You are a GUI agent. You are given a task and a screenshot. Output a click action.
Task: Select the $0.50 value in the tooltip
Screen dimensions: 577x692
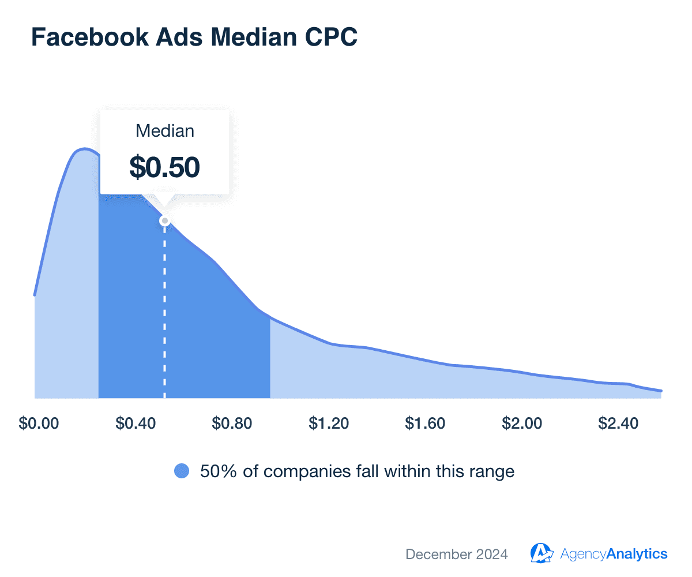pyautogui.click(x=164, y=167)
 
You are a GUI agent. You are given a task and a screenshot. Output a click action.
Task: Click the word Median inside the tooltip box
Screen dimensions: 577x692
pyautogui.click(x=164, y=131)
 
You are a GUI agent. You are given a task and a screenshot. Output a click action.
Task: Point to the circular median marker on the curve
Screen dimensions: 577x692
pyautogui.click(x=164, y=221)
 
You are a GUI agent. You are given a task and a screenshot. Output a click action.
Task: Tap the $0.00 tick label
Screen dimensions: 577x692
pyautogui.click(x=39, y=424)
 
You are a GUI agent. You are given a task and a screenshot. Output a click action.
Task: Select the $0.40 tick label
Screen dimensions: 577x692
pyautogui.click(x=136, y=424)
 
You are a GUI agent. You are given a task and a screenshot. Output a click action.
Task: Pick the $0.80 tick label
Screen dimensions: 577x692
pyautogui.click(x=232, y=424)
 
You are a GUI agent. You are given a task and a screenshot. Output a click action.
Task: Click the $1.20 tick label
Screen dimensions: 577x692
pyautogui.click(x=328, y=424)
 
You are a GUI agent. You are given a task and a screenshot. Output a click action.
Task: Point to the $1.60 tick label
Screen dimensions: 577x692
pyautogui.click(x=425, y=424)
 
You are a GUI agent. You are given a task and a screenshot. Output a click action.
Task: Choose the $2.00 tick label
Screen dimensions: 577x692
pyautogui.click(x=521, y=424)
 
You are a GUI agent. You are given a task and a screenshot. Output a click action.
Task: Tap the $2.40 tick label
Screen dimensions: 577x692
pyautogui.click(x=618, y=424)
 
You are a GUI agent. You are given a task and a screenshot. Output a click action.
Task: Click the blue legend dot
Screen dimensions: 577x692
pyautogui.click(x=182, y=471)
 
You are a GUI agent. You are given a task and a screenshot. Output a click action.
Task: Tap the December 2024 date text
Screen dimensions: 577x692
pyautogui.click(x=457, y=554)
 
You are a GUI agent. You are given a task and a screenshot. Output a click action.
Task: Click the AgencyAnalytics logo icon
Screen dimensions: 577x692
pyautogui.click(x=541, y=553)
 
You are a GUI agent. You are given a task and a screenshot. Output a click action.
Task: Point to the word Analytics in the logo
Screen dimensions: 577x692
pyautogui.click(x=637, y=554)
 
